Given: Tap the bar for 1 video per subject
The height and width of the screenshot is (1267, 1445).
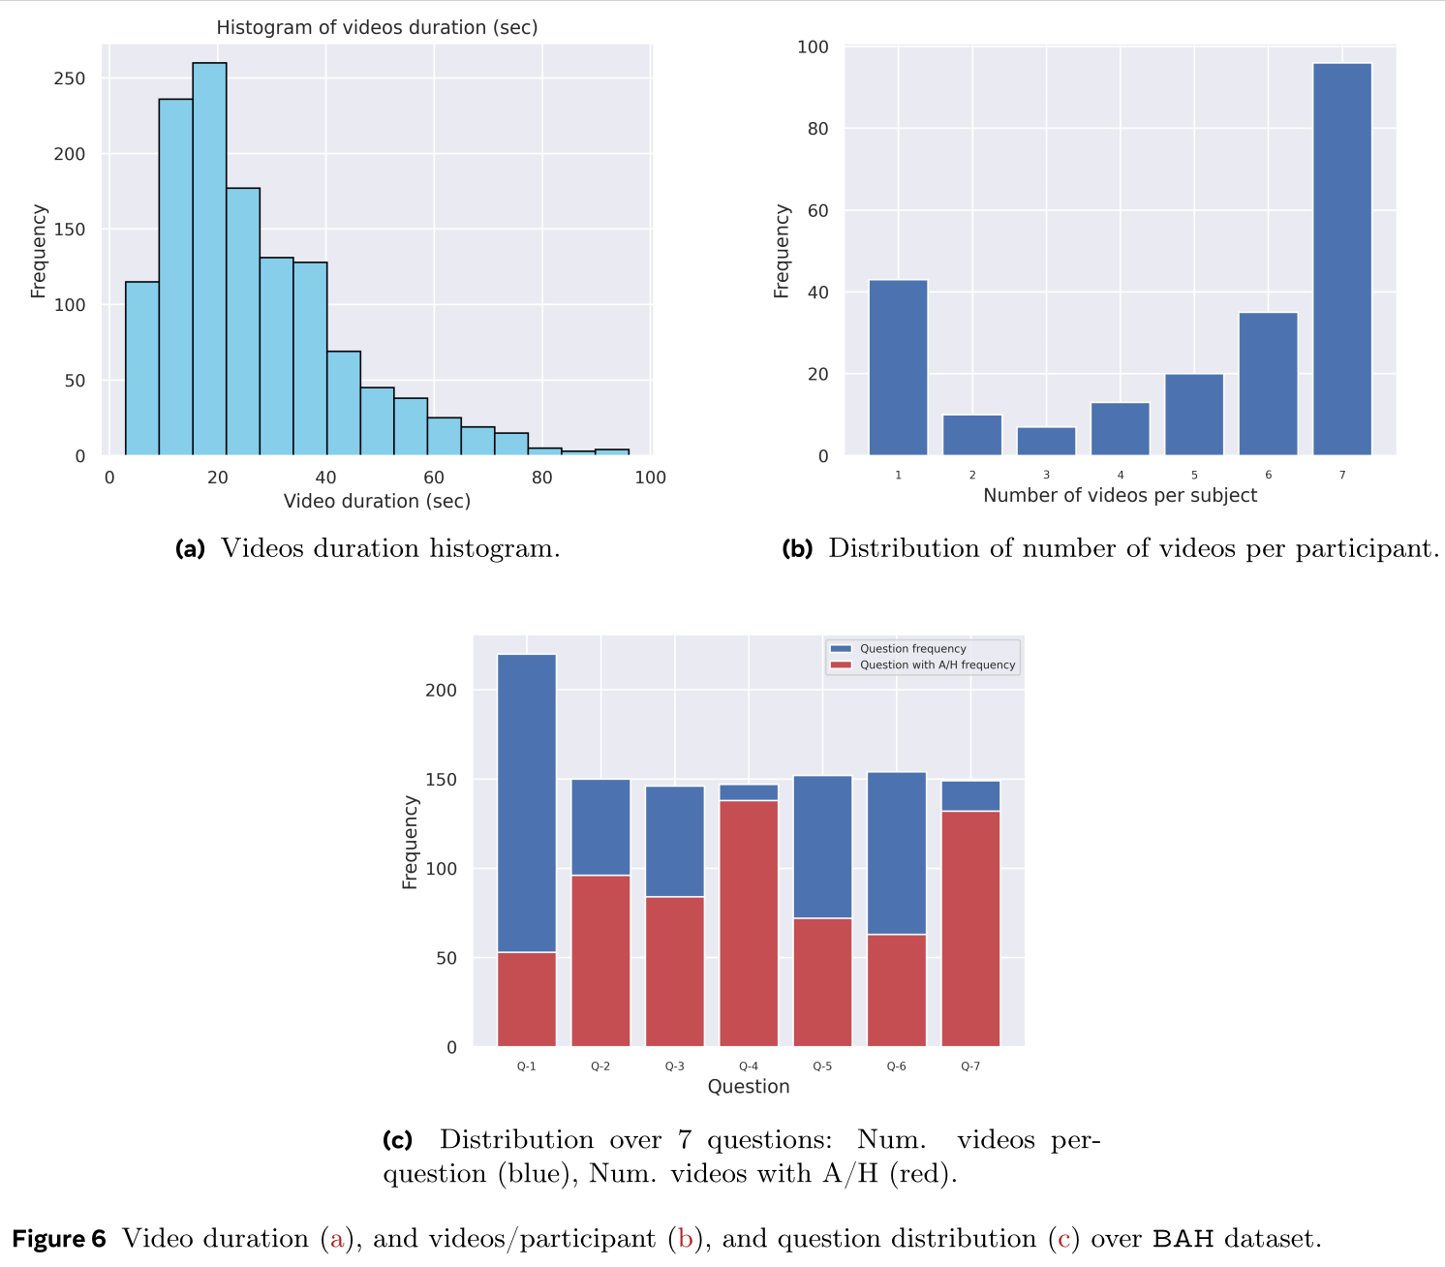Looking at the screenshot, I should [898, 368].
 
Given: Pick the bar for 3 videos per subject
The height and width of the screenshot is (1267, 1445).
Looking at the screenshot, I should [1046, 442].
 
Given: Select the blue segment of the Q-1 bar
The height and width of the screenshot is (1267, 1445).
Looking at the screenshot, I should [527, 803].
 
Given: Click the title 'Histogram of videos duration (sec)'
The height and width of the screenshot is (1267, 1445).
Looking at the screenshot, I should [377, 27].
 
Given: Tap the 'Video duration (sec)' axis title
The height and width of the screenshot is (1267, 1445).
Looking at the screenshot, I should [377, 501].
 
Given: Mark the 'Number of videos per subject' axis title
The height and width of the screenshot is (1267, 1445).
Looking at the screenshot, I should [1120, 495].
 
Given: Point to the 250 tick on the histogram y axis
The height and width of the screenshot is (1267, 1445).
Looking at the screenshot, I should [70, 78].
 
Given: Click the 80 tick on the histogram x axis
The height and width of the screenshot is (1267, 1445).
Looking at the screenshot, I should [542, 477].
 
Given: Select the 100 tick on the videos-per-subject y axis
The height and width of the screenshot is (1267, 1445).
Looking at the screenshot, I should [813, 46].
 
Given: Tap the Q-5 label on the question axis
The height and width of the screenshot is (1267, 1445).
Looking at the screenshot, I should [822, 1066].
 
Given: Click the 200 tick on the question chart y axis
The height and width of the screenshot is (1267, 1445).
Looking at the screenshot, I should [441, 690].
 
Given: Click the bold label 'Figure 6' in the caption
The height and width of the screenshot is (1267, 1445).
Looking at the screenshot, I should [59, 1239].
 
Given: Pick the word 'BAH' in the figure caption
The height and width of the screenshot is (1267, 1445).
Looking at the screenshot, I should [1183, 1239].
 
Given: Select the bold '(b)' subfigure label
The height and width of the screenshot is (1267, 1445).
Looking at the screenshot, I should [797, 549].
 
